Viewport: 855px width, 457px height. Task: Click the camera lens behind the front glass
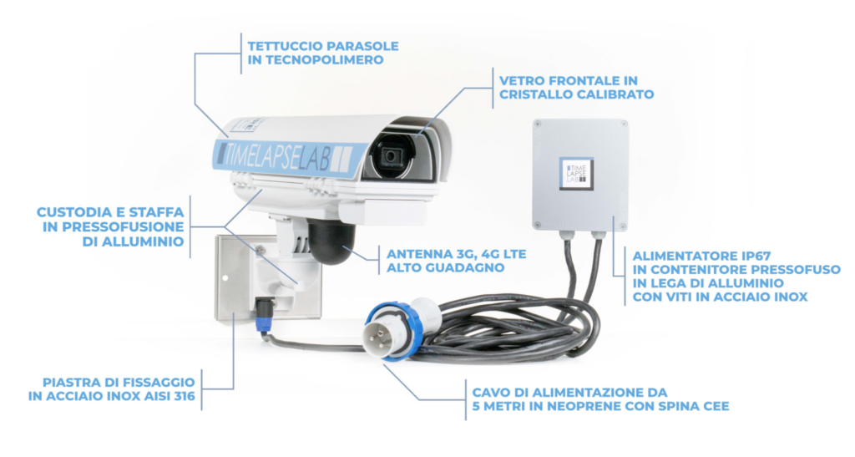click(391, 157)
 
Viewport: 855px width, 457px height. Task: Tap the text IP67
click(753, 256)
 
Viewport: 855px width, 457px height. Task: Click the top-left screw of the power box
click(539, 124)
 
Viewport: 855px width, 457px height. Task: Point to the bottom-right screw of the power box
click(621, 225)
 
